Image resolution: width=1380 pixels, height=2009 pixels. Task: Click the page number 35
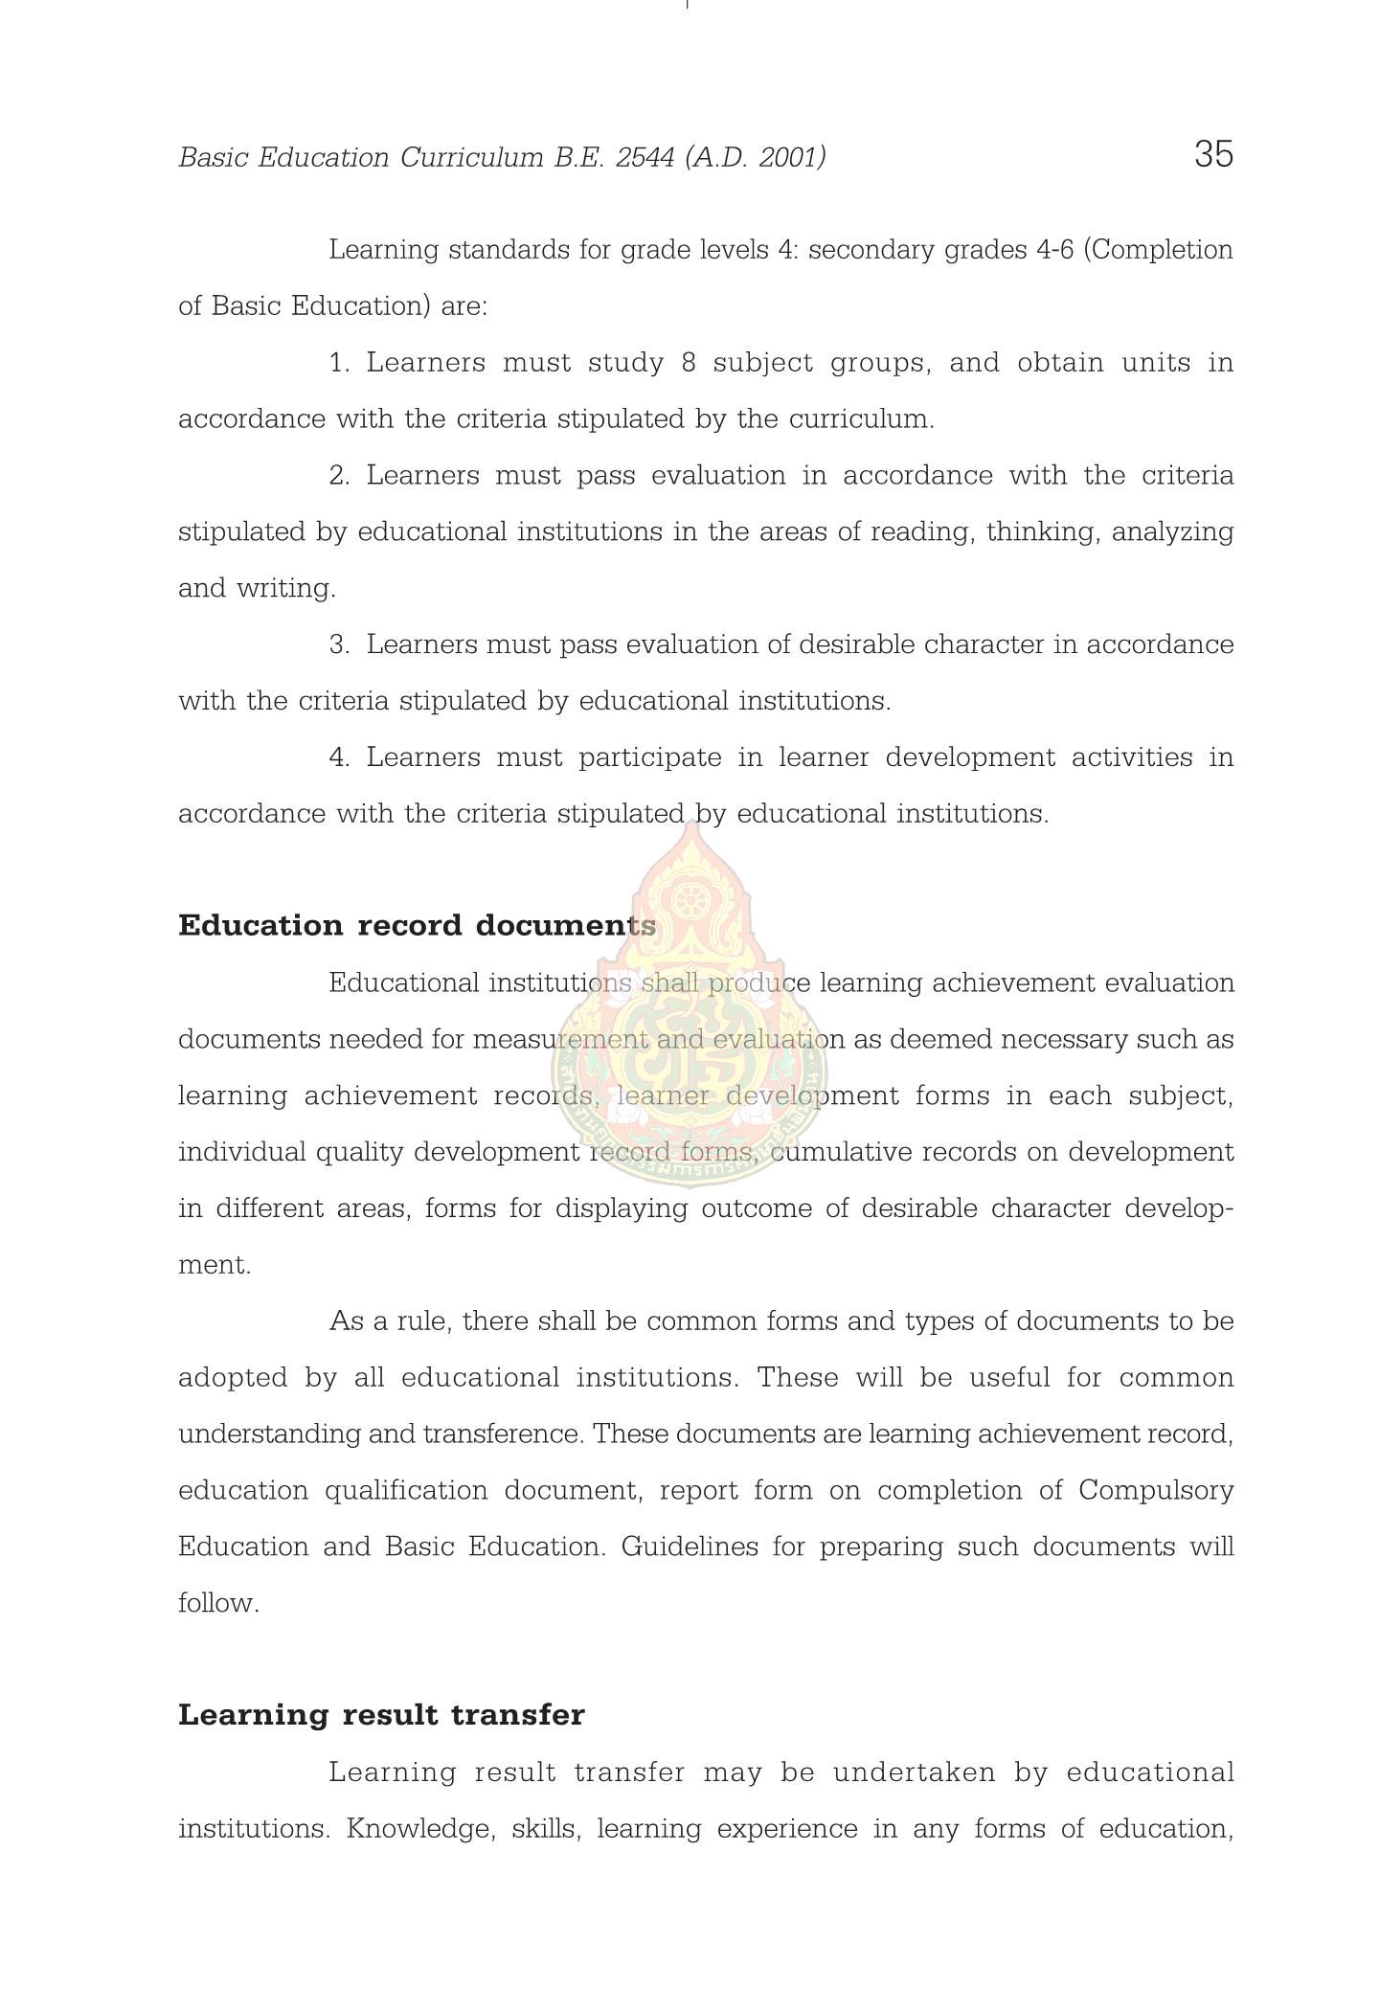click(1213, 154)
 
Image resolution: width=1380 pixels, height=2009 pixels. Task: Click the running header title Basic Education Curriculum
click(364, 157)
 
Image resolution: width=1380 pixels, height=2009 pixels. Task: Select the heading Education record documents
click(417, 926)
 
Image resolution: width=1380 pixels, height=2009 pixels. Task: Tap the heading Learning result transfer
click(381, 1715)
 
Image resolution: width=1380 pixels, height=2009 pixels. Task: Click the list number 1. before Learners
click(340, 363)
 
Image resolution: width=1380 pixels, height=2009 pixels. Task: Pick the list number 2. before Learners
click(340, 476)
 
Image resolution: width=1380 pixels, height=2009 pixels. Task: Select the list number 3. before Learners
click(340, 644)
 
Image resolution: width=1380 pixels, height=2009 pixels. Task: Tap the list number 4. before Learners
click(340, 757)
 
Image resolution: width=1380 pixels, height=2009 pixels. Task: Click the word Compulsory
click(1156, 1491)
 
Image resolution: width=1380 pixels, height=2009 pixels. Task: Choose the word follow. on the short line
click(218, 1603)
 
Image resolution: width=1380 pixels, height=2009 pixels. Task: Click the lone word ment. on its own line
click(215, 1265)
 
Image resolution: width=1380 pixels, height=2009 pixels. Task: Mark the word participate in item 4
click(649, 757)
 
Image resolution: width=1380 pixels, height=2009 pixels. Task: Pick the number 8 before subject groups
click(689, 363)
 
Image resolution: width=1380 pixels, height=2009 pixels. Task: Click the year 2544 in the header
click(645, 157)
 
